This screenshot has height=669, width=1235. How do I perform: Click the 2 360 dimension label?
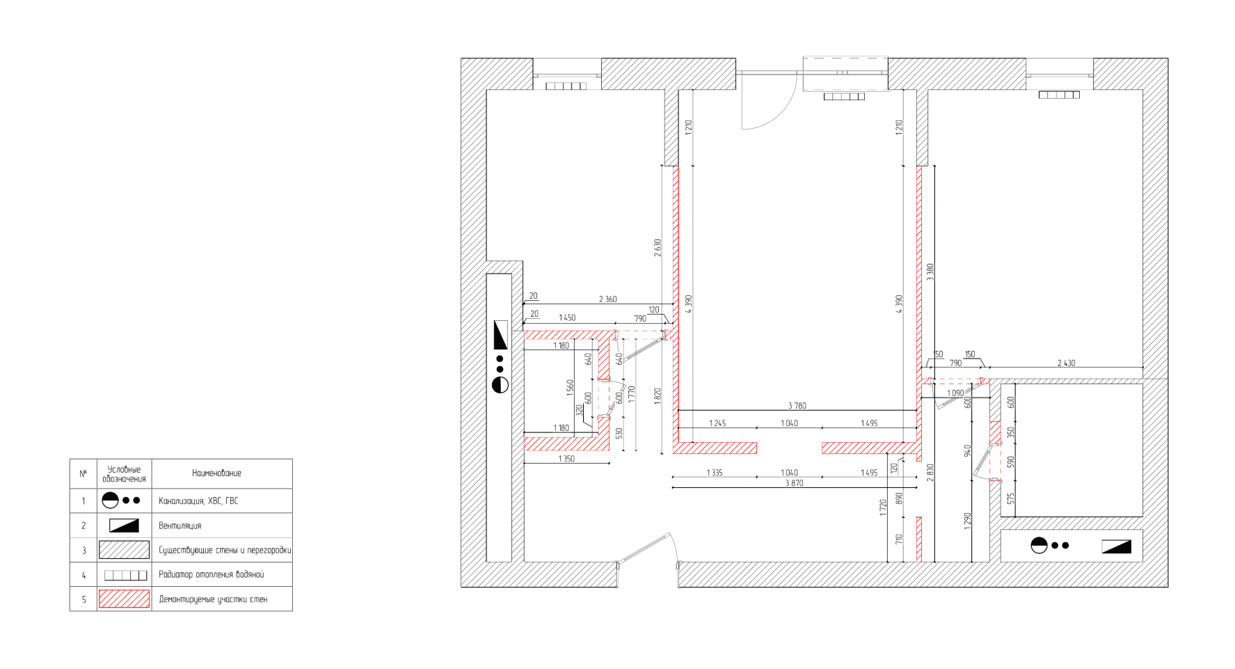(x=607, y=299)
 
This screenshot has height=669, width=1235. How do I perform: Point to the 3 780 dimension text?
(x=797, y=406)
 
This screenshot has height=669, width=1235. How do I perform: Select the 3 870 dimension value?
(x=794, y=483)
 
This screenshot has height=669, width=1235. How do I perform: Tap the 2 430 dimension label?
(x=1066, y=363)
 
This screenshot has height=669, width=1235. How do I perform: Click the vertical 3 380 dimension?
(x=930, y=271)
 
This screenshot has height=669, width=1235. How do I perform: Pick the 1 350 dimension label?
(x=566, y=459)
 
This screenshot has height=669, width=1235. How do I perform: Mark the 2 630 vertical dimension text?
(x=658, y=248)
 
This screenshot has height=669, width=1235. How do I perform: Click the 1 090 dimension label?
(x=955, y=393)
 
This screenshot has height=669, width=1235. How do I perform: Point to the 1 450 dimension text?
(x=567, y=317)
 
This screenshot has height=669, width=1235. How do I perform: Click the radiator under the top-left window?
(x=566, y=86)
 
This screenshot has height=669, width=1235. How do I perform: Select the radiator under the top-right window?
(x=1059, y=95)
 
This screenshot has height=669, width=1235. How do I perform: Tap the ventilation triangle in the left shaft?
(x=500, y=335)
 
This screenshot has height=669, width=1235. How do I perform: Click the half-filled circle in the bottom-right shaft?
(x=1039, y=545)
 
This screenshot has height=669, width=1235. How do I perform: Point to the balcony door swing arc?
(x=785, y=112)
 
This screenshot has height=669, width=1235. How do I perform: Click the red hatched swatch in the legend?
(x=124, y=599)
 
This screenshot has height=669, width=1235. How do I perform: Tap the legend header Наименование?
(x=216, y=473)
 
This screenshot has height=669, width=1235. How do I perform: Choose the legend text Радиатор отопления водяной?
(x=212, y=574)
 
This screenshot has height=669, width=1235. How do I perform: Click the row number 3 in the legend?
(x=83, y=551)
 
